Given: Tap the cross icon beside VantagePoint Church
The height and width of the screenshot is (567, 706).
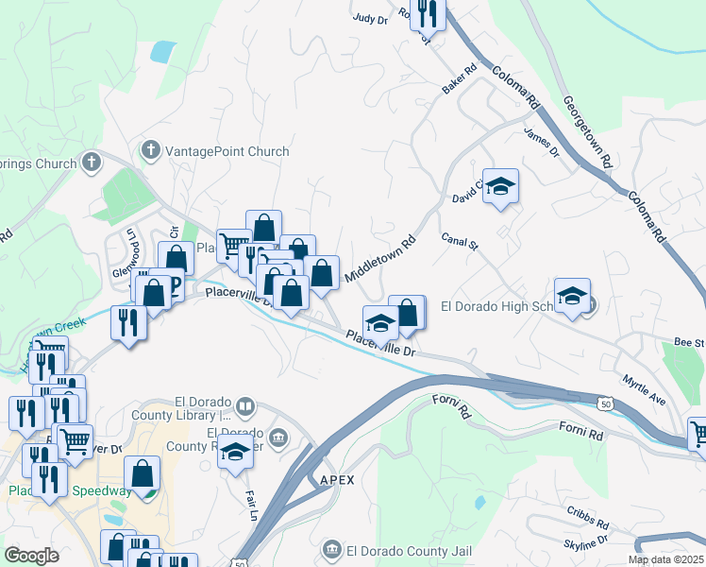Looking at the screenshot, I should (150, 150).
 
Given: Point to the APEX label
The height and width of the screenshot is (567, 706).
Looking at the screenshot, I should (337, 480).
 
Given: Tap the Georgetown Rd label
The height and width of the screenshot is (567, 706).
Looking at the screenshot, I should (587, 131).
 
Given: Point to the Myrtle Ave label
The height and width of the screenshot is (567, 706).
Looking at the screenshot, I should (644, 390).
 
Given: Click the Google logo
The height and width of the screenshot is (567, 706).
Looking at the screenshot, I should (31, 556).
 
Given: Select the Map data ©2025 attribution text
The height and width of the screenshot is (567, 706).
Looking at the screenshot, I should (666, 559).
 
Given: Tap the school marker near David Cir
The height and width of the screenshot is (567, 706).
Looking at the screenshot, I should (501, 189).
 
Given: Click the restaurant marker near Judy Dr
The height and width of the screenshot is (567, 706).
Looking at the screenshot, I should (428, 14).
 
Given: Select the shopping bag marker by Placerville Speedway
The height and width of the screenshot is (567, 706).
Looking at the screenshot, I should (143, 475).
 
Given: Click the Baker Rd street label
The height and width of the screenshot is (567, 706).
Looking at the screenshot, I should (460, 79).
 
